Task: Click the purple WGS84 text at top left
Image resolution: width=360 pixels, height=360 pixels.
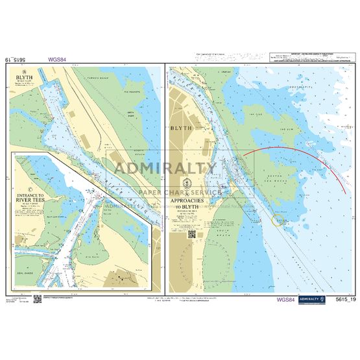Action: tap(56, 59)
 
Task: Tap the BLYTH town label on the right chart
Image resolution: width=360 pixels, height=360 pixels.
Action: tap(181, 128)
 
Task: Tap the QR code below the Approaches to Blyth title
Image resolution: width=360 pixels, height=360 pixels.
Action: tap(192, 234)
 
